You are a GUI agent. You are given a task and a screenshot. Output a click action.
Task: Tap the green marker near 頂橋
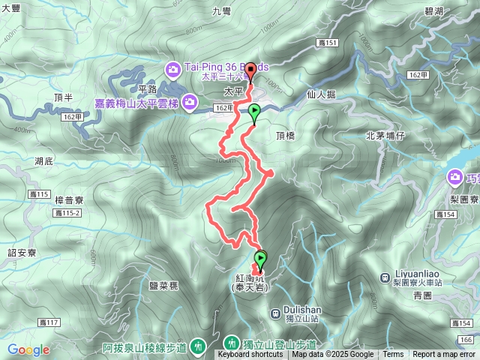click(254, 114)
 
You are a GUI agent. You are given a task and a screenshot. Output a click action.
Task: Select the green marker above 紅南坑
click(260, 259)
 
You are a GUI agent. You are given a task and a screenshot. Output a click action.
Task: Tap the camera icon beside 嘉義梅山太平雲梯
click(190, 100)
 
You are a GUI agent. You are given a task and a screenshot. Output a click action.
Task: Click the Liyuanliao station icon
click(404, 274)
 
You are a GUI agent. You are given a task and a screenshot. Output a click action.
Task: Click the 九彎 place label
click(222, 10)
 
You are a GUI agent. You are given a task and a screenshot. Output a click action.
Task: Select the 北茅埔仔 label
click(385, 136)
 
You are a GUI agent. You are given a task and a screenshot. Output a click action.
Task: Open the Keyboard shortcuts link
click(250, 355)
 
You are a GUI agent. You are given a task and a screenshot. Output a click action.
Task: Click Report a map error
click(444, 355)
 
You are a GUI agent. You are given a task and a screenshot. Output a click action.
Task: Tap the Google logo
click(28, 349)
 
